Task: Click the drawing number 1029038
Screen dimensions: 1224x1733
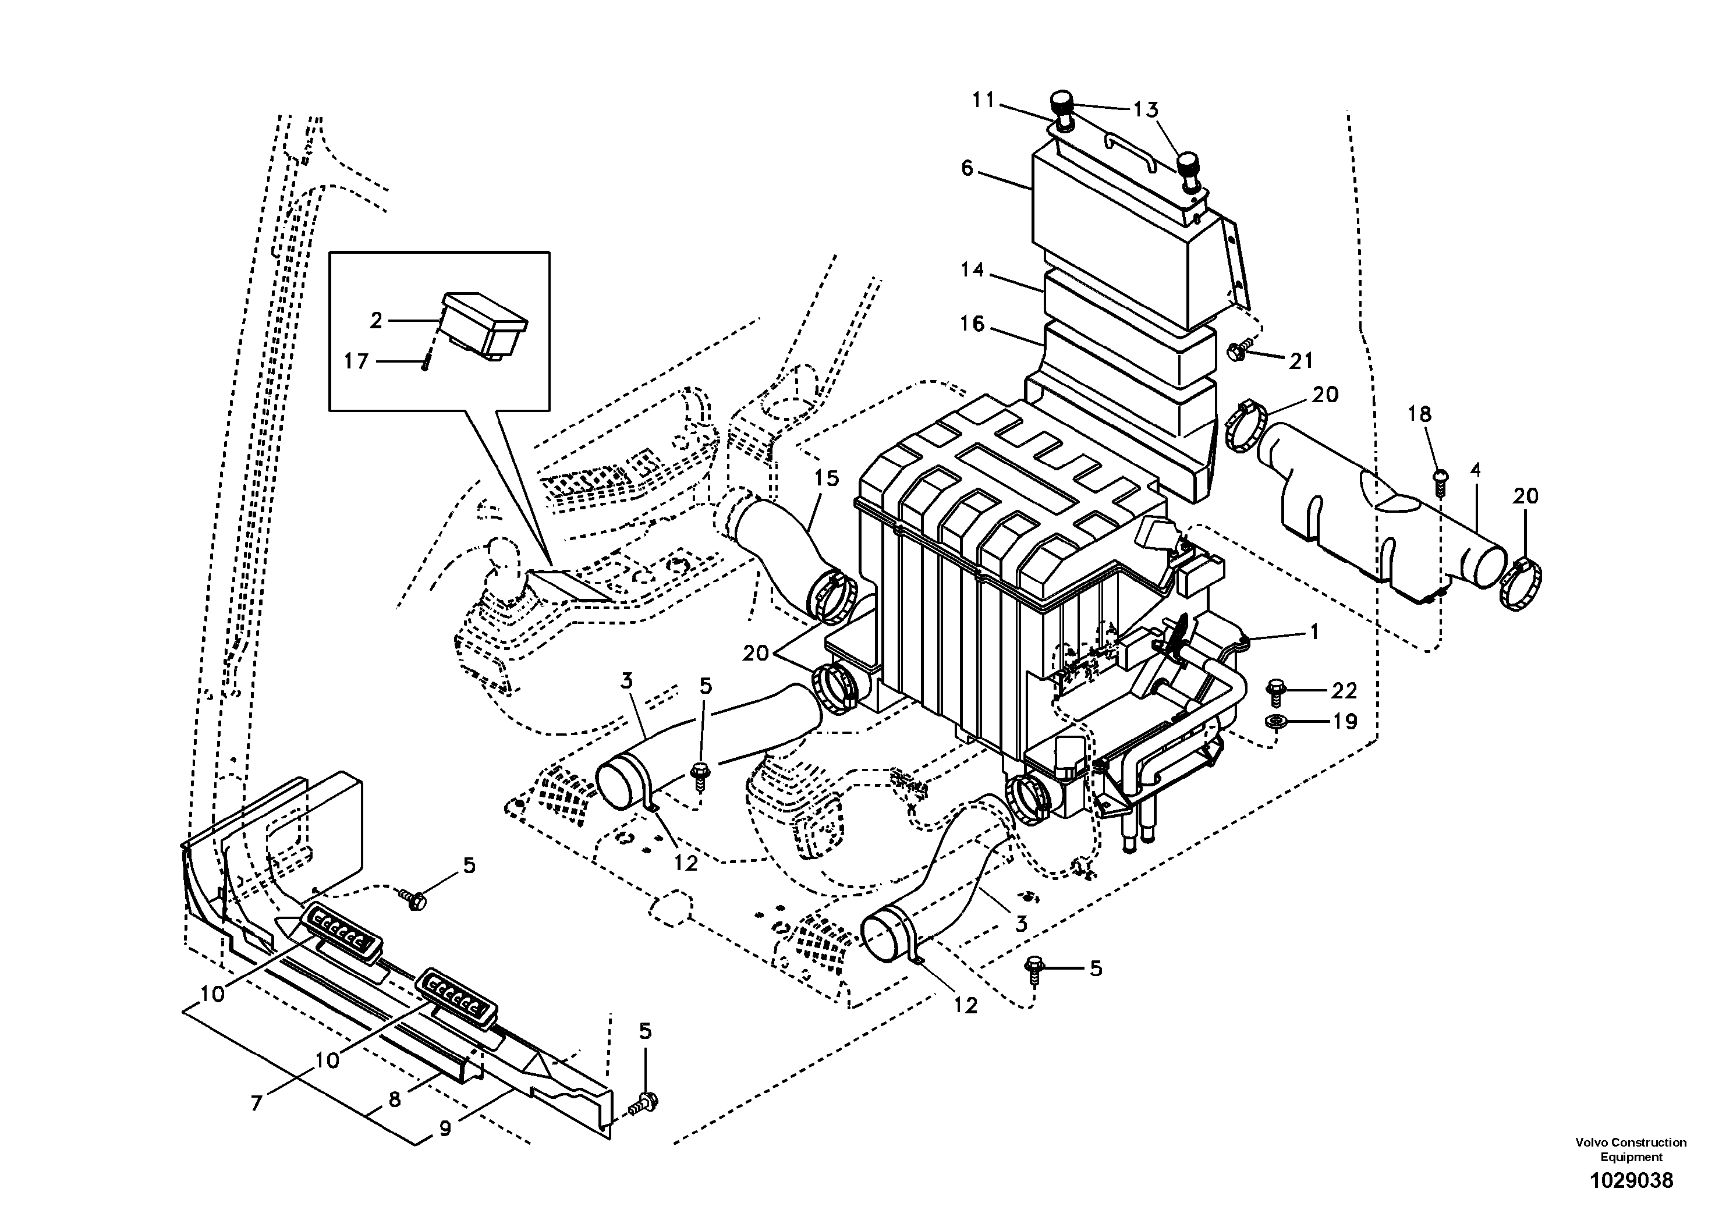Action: point(1631,1181)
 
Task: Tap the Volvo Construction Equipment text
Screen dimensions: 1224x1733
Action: point(1631,1150)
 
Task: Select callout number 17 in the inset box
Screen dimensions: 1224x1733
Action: point(356,361)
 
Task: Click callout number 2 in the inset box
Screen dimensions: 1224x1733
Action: point(376,321)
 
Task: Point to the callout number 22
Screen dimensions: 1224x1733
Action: point(1344,690)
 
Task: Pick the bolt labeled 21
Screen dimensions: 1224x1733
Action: point(1236,351)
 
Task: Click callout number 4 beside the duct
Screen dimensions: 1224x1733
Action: point(1475,471)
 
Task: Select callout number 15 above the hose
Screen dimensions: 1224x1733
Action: point(827,478)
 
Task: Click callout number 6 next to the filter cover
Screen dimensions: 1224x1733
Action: point(967,168)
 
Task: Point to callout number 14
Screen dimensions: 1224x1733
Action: point(973,269)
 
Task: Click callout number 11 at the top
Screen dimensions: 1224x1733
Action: point(983,100)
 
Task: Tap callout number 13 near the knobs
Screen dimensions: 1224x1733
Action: point(1145,110)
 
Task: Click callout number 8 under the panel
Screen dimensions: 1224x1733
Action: point(394,1099)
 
